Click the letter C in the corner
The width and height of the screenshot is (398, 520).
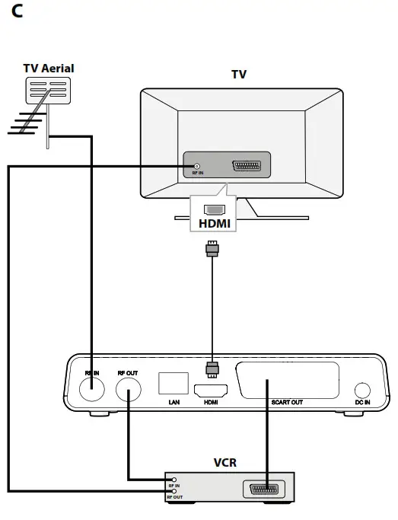click(17, 13)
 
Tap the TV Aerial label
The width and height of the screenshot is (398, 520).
click(49, 69)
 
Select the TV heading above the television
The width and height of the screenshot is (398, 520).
click(239, 75)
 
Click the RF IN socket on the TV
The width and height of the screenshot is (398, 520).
click(197, 166)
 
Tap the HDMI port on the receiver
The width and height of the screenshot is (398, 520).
click(212, 391)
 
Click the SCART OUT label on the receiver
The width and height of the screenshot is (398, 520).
click(288, 402)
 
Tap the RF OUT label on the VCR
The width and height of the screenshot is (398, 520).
click(174, 498)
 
